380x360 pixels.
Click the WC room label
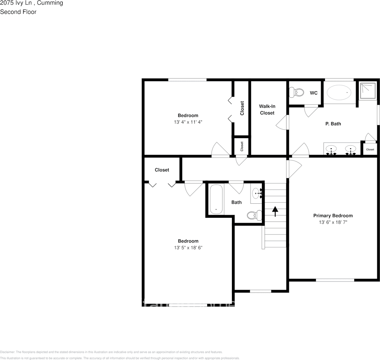314,93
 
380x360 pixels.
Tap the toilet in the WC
297,92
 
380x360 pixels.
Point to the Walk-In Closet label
267,110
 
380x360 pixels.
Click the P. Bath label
333,124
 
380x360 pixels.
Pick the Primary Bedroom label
333,215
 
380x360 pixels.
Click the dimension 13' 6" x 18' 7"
333,222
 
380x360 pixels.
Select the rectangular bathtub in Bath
216,199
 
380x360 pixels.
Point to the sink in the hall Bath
257,193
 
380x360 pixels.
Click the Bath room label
237,202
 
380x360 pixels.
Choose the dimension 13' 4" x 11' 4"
188,122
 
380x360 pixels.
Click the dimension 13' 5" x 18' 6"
188,248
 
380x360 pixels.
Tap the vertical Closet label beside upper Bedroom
242,108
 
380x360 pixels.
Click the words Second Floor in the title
18,12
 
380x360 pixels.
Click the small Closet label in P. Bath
370,149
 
